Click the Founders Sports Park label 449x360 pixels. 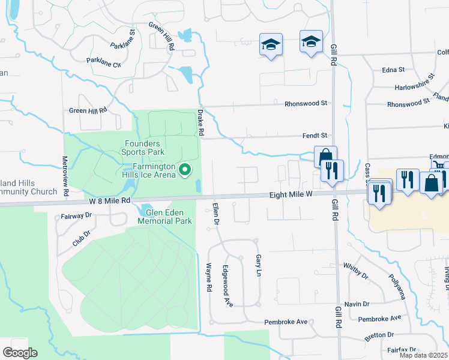pyautogui.click(x=142, y=148)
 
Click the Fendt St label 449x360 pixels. pyautogui.click(x=315, y=136)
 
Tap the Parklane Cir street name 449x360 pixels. pyautogui.click(x=104, y=62)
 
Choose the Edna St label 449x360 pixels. pyautogui.click(x=394, y=70)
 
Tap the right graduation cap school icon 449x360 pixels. pyautogui.click(x=311, y=41)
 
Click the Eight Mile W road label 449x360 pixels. pyautogui.click(x=291, y=194)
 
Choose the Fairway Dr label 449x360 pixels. pyautogui.click(x=76, y=216)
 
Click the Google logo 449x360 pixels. pyautogui.click(x=20, y=353)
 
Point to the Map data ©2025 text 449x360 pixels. pyautogui.click(x=424, y=355)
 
